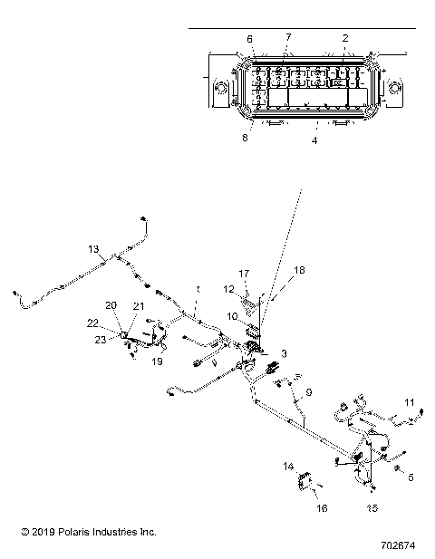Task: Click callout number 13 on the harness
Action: [92, 248]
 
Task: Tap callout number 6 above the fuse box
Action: [250, 38]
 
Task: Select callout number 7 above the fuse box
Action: [288, 38]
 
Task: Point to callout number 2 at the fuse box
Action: [344, 38]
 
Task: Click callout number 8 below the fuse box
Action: [244, 138]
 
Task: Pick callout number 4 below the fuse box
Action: [314, 140]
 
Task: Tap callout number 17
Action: [243, 273]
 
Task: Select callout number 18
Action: [301, 270]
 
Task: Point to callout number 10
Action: [232, 316]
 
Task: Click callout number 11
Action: [410, 401]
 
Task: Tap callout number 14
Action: [288, 467]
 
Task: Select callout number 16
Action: [321, 509]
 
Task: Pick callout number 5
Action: [410, 477]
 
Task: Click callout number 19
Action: [157, 361]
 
